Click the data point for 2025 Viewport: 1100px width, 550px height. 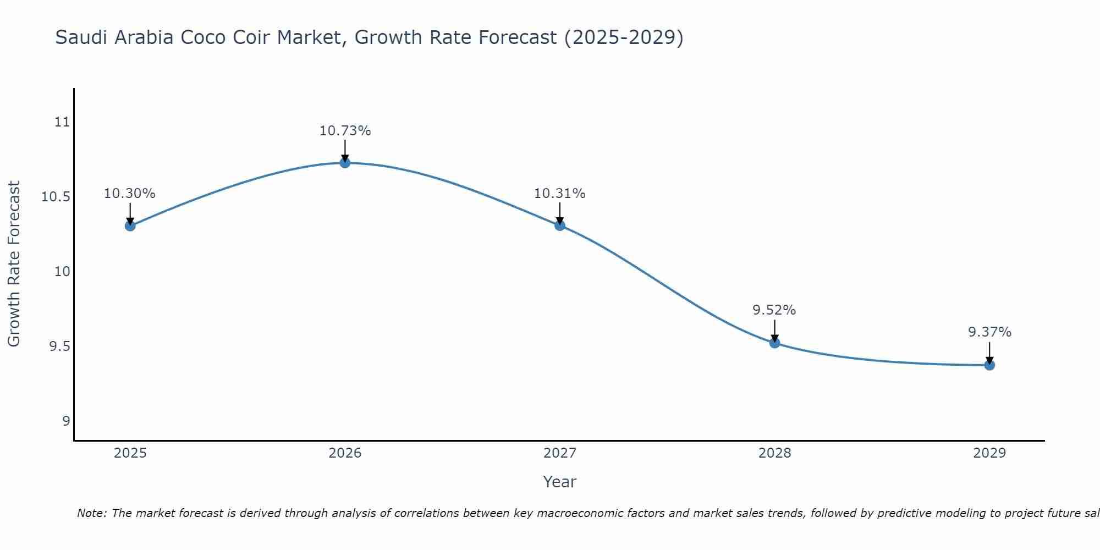coord(130,226)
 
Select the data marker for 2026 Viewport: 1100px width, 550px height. coord(345,162)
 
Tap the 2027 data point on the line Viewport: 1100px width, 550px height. coord(560,225)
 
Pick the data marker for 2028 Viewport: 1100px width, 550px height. coord(774,343)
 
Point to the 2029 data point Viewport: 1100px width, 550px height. coord(989,365)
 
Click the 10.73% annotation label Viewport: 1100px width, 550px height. coord(345,131)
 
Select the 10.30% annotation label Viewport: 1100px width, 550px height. coord(130,194)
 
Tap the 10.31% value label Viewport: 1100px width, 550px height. coord(560,194)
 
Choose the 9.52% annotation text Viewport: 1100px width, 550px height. coord(774,310)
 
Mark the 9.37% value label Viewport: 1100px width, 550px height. coord(989,332)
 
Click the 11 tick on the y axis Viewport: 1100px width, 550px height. coord(63,122)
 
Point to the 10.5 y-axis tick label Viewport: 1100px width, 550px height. coord(56,197)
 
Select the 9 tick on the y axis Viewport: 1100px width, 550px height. coord(66,421)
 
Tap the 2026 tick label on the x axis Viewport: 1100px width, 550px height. coord(345,453)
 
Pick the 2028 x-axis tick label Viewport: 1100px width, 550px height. coord(774,453)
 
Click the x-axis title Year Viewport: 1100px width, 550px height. coord(559,482)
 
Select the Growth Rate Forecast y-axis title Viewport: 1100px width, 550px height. coord(14,264)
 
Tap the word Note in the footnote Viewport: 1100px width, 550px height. coord(92,513)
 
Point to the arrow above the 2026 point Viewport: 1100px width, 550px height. coord(345,150)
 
